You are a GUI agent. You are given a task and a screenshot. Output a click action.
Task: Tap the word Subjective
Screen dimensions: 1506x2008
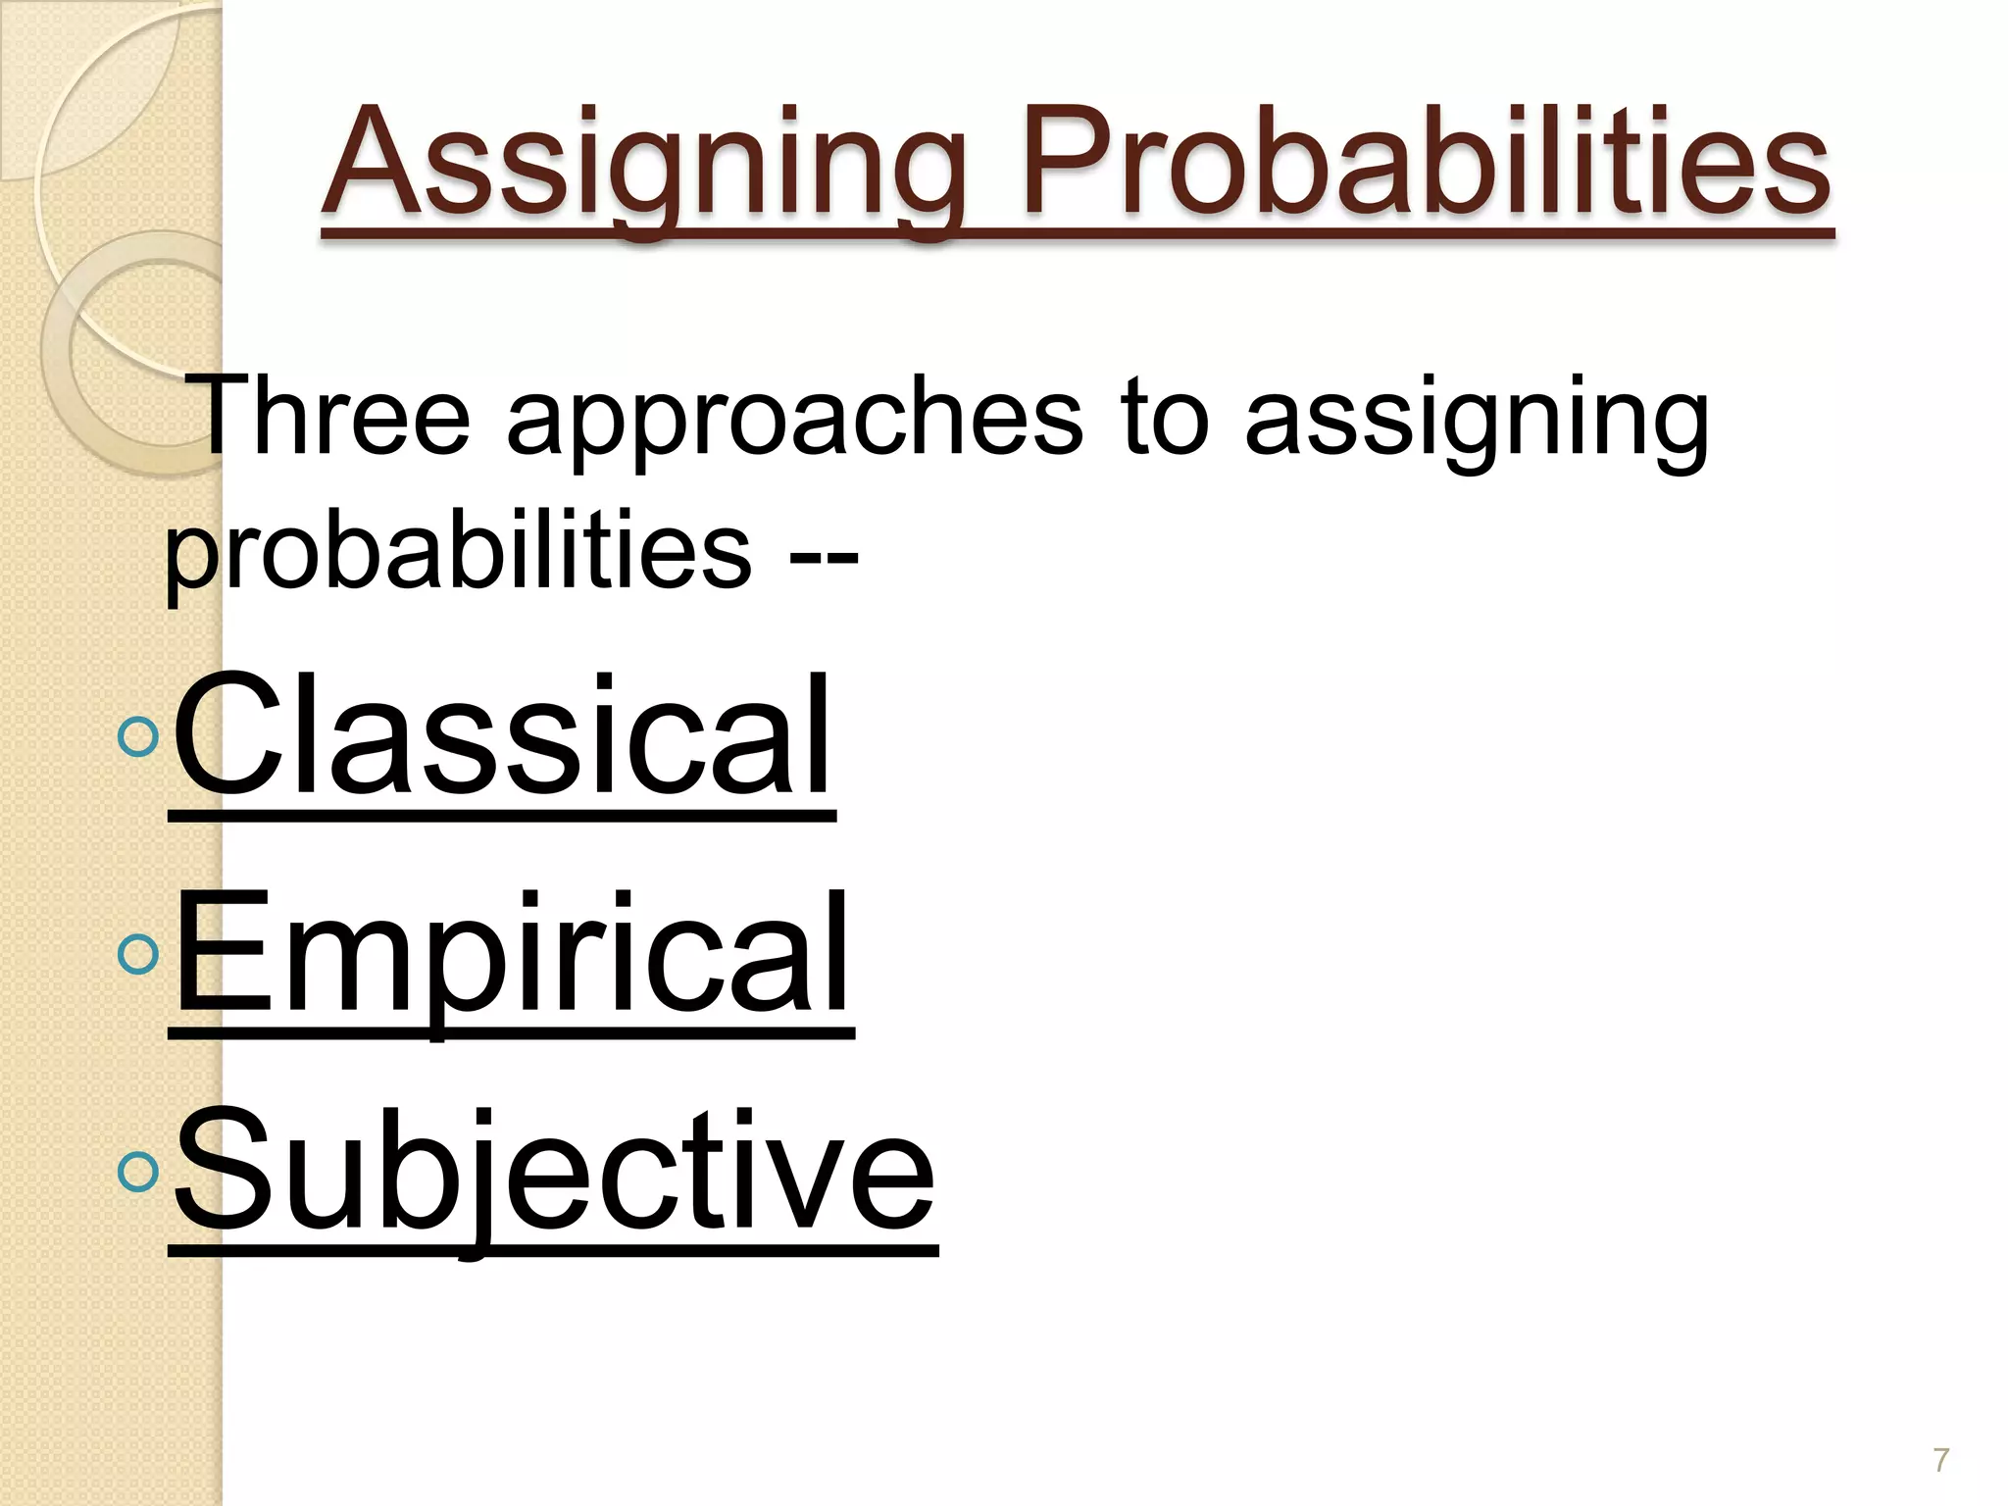click(x=554, y=1172)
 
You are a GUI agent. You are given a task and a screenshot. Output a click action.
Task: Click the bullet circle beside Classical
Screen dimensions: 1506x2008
click(x=137, y=736)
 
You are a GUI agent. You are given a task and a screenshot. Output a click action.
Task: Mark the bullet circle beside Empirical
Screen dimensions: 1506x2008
click(x=137, y=954)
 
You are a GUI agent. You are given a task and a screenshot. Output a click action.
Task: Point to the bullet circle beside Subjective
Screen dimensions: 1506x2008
click(x=137, y=1172)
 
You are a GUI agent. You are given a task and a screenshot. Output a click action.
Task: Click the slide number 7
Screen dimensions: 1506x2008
click(x=1940, y=1460)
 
